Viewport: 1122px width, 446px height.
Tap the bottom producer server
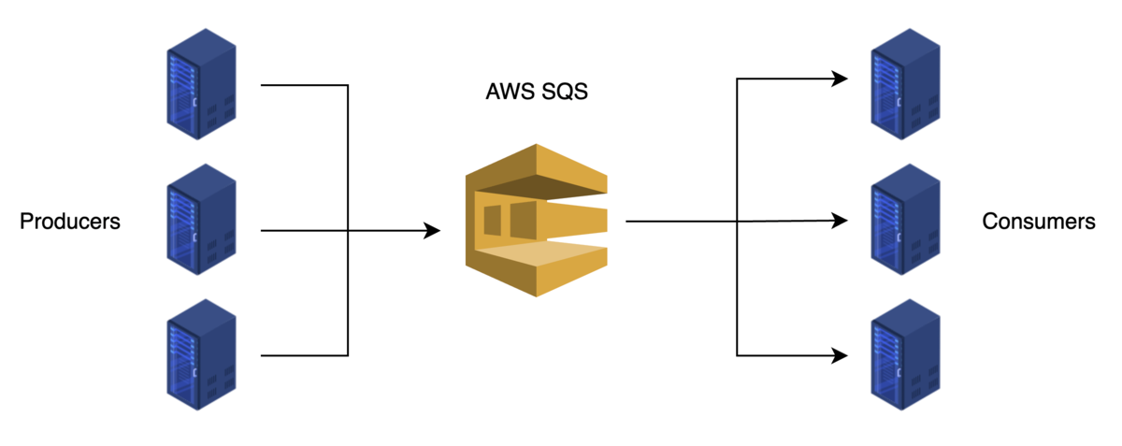[x=201, y=355]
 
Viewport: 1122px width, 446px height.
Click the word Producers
[x=70, y=223]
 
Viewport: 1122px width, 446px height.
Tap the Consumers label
[x=1038, y=223]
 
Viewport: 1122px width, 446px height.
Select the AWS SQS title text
[x=537, y=93]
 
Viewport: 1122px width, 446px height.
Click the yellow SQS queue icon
[x=537, y=221]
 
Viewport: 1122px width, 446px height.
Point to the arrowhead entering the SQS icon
[x=432, y=230]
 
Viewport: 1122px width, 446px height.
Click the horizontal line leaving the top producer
[x=304, y=86]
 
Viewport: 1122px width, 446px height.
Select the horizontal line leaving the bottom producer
[x=304, y=355]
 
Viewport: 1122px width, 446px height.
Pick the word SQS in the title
[x=565, y=93]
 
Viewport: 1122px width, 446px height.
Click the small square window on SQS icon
[x=492, y=219]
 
